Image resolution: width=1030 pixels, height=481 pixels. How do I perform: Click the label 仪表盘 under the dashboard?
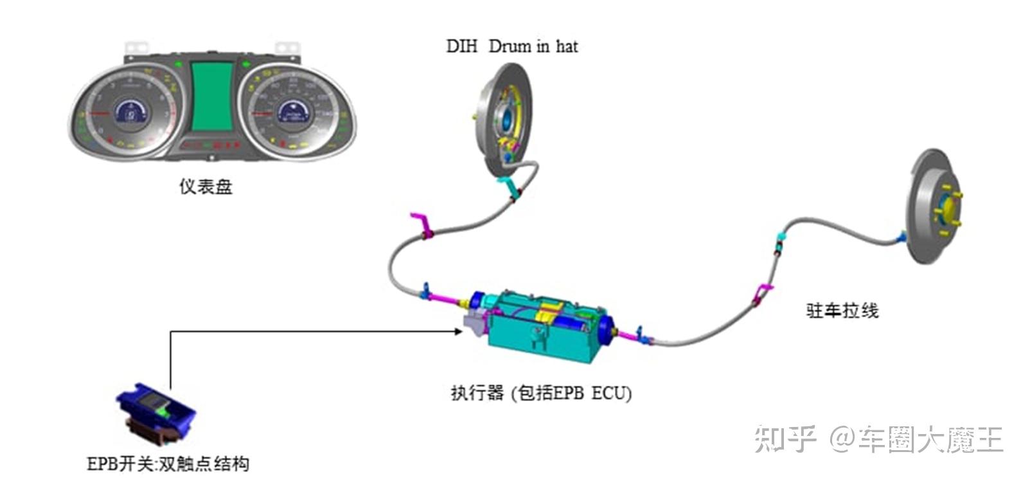pyautogui.click(x=206, y=187)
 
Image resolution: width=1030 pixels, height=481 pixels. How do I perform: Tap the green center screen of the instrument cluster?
pyautogui.click(x=212, y=96)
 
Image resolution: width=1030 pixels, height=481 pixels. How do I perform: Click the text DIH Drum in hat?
pyautogui.click(x=511, y=46)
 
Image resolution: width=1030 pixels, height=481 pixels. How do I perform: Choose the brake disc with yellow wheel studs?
pyautogui.click(x=934, y=206)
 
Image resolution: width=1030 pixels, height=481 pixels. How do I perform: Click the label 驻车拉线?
pyautogui.click(x=842, y=311)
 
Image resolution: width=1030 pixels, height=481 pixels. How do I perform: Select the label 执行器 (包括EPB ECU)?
pyautogui.click(x=541, y=394)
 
